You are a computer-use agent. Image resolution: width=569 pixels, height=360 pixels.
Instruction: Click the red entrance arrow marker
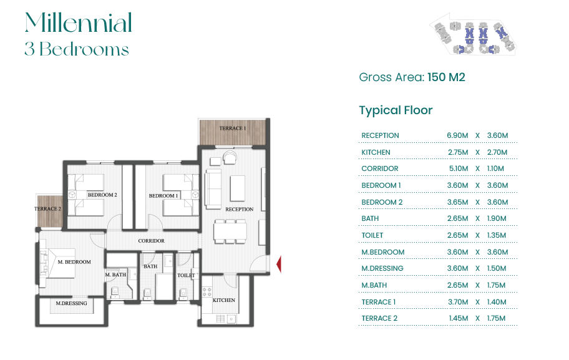coord(279,264)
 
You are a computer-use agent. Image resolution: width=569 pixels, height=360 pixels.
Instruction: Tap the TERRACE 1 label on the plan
coord(233,128)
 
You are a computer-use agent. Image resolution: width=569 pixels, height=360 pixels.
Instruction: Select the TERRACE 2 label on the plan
coord(47,208)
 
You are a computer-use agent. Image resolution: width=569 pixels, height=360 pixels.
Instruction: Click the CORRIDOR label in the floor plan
coord(152,241)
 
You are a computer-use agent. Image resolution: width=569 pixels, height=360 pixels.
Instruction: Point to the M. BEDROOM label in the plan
coord(74,261)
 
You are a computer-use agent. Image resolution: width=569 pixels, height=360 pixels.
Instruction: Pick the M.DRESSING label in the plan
coord(72,303)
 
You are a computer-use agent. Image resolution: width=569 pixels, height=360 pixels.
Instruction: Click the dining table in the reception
coord(230,231)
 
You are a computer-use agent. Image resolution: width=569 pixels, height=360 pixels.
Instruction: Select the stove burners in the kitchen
coord(207,292)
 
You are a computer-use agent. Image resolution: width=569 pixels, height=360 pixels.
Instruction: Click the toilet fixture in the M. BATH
coord(115,292)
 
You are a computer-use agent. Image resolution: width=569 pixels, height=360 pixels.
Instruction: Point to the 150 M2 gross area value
coord(446,77)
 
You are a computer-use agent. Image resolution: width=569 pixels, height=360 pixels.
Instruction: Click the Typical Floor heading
coord(396,110)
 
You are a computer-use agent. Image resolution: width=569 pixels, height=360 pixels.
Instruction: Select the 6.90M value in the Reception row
coord(457,135)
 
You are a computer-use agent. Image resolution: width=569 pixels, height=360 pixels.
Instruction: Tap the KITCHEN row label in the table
coord(376,152)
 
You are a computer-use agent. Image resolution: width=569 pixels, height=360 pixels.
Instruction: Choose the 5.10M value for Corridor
coord(459,168)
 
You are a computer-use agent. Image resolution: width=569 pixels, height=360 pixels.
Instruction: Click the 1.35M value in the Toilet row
coord(497,235)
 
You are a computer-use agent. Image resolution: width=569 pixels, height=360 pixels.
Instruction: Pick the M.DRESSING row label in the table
coord(382,268)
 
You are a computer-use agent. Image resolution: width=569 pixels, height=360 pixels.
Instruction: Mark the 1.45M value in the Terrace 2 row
coord(459,318)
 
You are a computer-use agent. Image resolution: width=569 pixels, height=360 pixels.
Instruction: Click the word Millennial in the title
coord(79,22)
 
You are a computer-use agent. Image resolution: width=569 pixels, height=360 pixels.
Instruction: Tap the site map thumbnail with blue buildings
coord(473,34)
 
